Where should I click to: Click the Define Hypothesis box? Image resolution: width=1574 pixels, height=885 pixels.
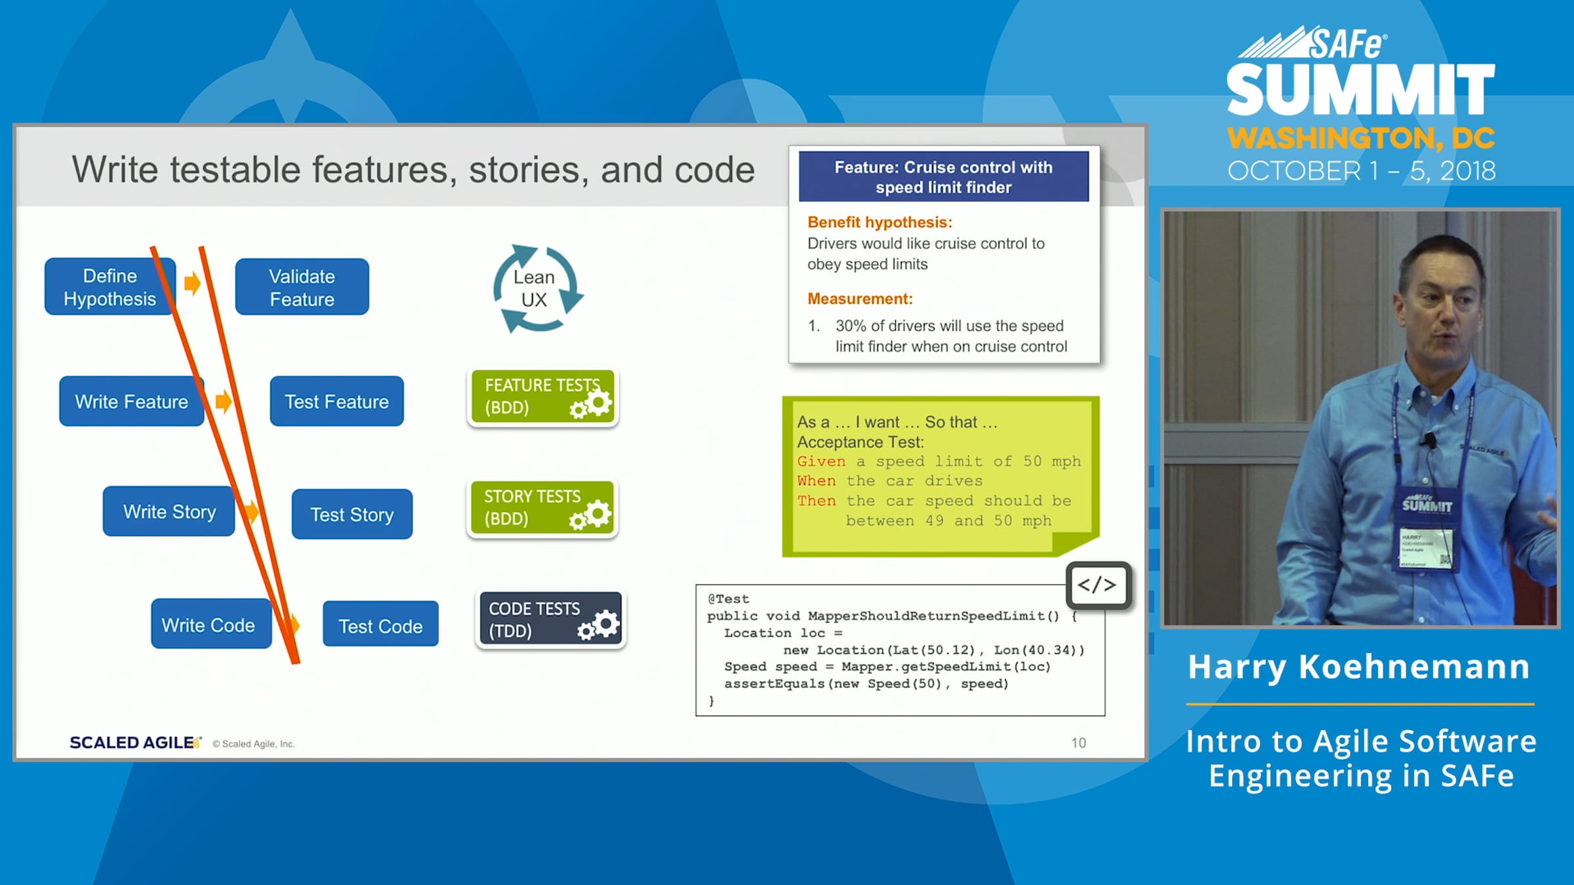click(x=110, y=286)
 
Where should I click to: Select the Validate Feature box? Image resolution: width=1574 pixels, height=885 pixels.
click(x=302, y=286)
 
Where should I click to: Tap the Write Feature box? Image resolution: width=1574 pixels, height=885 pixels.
click(x=131, y=401)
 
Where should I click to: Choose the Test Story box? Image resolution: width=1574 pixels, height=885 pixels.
click(x=352, y=514)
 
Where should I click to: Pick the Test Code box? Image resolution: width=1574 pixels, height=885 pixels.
click(x=380, y=624)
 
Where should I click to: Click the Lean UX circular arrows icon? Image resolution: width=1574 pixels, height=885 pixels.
click(x=537, y=288)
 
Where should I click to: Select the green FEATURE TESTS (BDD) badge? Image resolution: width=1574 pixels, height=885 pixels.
click(x=542, y=396)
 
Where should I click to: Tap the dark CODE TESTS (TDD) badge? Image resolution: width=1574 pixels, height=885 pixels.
click(x=551, y=619)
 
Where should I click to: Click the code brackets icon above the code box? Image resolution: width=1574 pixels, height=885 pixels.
click(x=1099, y=585)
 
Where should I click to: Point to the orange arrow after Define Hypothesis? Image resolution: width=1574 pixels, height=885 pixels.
click(x=192, y=283)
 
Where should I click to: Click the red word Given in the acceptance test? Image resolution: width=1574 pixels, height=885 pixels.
click(x=821, y=462)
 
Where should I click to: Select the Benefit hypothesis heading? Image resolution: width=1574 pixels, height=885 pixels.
click(x=879, y=222)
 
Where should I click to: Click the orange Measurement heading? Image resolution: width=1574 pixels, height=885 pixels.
click(x=860, y=299)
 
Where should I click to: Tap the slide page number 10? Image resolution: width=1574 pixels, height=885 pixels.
click(x=1078, y=743)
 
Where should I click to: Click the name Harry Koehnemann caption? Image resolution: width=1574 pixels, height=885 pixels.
click(x=1359, y=667)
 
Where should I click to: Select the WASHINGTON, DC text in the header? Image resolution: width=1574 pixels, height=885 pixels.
click(x=1362, y=138)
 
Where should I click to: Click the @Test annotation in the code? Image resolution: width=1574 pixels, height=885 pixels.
click(x=728, y=599)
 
